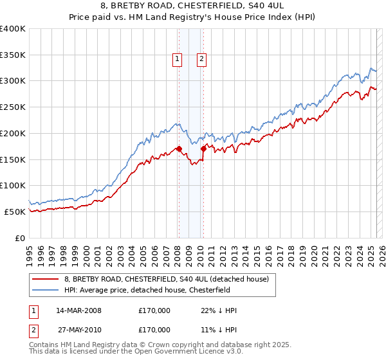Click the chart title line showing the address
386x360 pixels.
tap(192, 7)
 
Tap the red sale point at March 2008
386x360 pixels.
tap(179, 148)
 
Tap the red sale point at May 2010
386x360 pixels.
tap(203, 148)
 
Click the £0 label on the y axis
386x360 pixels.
tap(20, 238)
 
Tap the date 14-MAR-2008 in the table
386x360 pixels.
tap(78, 310)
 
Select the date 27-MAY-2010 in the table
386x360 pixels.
tap(78, 330)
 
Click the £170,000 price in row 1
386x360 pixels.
tap(154, 310)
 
